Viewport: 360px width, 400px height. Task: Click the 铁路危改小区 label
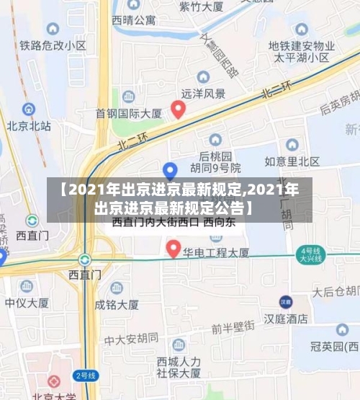pyautogui.click(x=53, y=45)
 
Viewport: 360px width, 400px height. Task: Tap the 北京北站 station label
pyautogui.click(x=29, y=126)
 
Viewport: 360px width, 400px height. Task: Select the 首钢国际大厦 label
pyautogui.click(x=129, y=113)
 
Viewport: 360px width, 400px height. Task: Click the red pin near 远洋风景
pyautogui.click(x=178, y=109)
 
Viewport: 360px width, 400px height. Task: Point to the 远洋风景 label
pyautogui.click(x=203, y=93)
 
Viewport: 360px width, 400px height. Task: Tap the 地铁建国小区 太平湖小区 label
pyautogui.click(x=299, y=51)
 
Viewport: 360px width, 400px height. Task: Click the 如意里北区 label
pyautogui.click(x=292, y=161)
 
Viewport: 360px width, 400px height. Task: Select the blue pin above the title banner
pyautogui.click(x=170, y=170)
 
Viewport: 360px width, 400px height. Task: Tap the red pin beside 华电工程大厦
pyautogui.click(x=173, y=249)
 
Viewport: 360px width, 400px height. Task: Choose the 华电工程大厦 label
pyautogui.click(x=216, y=253)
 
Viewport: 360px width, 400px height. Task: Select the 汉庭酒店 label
pyautogui.click(x=286, y=317)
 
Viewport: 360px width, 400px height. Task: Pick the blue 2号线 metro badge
pyautogui.click(x=85, y=375)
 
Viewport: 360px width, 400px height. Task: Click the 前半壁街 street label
pyautogui.click(x=233, y=326)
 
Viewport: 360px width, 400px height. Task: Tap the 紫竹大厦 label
pyautogui.click(x=201, y=6)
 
